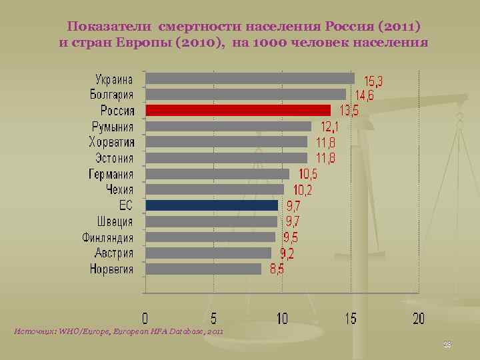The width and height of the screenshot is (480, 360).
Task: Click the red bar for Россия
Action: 238,110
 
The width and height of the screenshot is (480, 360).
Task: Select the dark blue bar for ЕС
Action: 211,205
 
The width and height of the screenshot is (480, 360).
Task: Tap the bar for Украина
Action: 249,78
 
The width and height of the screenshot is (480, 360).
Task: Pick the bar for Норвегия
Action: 203,269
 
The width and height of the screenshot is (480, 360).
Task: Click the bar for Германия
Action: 217,173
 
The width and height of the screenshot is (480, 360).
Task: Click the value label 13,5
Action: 349,111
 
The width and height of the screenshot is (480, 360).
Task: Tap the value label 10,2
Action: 303,190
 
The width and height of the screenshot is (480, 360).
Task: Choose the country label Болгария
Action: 112,94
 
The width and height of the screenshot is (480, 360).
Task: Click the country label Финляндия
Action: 108,237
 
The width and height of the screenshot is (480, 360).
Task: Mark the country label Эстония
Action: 111,158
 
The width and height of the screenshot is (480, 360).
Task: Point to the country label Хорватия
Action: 111,142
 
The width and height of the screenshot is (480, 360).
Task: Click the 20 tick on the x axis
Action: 418,318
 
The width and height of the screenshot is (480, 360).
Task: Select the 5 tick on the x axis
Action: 213,318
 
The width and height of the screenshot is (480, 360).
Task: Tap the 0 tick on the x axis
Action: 145,318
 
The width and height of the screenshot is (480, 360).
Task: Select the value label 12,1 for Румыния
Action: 330,126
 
